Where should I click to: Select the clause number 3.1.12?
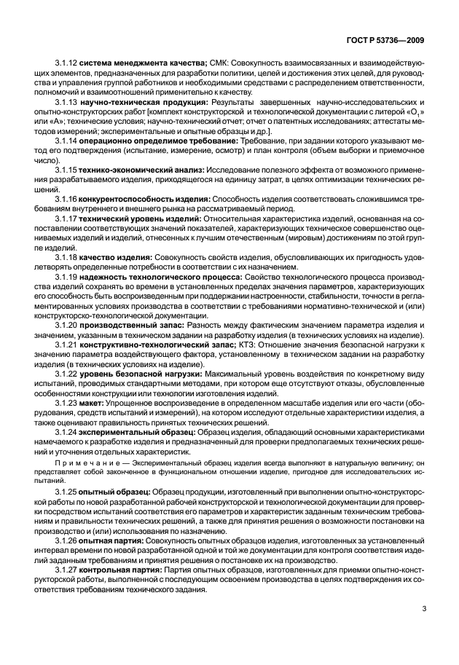tap(66, 63)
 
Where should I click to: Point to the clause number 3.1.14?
tap(66, 139)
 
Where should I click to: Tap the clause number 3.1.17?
tap(66, 217)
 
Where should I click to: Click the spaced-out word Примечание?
tap(86, 462)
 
